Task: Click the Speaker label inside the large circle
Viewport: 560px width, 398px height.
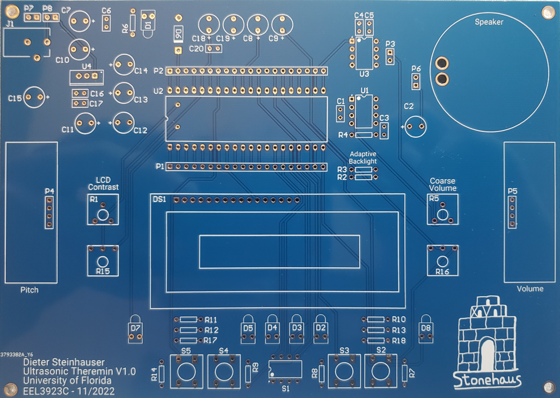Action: click(489, 22)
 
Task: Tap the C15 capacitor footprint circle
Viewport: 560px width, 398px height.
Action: click(34, 98)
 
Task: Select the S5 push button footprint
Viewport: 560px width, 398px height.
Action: click(186, 371)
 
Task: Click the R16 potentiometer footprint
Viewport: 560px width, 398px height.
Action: click(442, 260)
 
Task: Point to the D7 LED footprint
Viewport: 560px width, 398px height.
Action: click(135, 329)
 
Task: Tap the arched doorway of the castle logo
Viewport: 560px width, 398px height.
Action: click(487, 355)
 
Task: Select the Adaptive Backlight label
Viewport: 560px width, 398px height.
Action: click(362, 157)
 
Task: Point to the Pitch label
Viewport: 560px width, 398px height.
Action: click(30, 290)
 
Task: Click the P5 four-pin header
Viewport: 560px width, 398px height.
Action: click(512, 212)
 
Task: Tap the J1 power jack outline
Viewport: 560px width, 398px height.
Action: click(27, 43)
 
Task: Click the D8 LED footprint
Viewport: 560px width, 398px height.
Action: click(426, 329)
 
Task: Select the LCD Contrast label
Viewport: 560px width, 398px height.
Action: click(103, 183)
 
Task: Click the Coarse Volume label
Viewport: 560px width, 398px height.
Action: click(442, 185)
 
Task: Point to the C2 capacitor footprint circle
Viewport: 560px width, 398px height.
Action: click(416, 127)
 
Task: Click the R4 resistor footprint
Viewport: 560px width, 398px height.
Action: click(363, 135)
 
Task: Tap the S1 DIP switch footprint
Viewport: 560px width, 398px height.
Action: click(285, 368)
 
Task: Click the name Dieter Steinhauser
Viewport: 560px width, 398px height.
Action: click(64, 362)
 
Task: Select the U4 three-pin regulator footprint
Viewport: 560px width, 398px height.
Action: click(87, 76)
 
